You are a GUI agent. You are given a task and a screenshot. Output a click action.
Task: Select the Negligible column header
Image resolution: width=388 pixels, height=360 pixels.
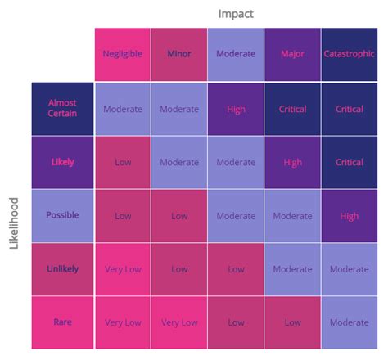(122, 54)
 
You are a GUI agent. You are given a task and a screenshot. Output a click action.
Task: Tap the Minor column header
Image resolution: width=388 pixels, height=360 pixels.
(178, 54)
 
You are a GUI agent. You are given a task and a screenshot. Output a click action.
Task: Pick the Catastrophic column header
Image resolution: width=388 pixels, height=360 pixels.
(350, 54)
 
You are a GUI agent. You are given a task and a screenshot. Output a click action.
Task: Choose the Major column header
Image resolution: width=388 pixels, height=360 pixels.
(292, 54)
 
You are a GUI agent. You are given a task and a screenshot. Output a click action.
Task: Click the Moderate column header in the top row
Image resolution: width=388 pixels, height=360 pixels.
(236, 54)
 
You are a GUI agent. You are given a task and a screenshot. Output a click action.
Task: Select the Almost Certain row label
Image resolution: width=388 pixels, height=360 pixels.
(62, 108)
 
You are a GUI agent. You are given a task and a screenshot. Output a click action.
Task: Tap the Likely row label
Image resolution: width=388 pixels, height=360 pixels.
(62, 162)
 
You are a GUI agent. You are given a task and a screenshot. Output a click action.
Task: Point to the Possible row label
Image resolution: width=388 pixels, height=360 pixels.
(62, 215)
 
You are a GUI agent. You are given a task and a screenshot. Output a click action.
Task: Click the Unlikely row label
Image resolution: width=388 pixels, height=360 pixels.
(62, 268)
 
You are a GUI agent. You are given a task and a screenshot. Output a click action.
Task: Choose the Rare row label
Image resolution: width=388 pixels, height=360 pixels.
(62, 322)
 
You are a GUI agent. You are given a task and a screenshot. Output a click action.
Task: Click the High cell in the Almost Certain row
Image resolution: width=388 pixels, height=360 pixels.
(236, 109)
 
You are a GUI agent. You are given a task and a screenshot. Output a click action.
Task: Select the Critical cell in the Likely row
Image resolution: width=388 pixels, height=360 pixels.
(350, 162)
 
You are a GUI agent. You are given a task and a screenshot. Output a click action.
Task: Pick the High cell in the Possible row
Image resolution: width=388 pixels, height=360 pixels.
(350, 216)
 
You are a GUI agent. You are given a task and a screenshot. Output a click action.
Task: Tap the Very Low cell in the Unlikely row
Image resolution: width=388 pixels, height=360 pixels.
(122, 269)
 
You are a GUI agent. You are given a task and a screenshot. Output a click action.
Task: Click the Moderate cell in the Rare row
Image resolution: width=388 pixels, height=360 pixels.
(350, 322)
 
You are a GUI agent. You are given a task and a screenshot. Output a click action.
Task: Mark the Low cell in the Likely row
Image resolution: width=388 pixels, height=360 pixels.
(122, 162)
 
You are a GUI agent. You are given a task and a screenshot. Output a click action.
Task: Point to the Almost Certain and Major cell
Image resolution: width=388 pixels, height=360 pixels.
(292, 109)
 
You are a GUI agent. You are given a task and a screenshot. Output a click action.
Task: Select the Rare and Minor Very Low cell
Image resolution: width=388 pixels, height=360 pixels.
(178, 322)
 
